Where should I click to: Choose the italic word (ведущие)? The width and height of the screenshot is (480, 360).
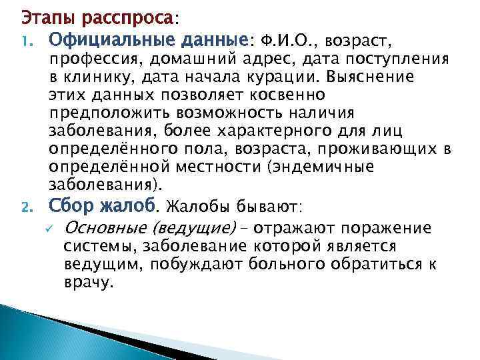coord(195,229)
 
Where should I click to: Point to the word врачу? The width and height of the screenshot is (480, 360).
coord(88,283)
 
